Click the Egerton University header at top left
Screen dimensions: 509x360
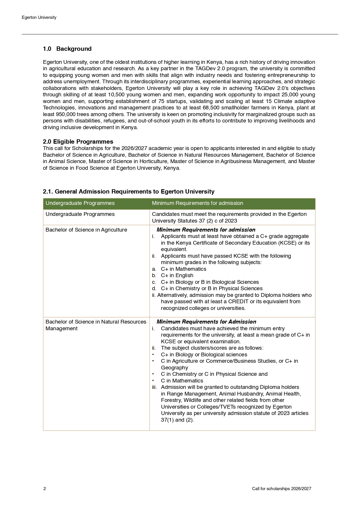(39, 17)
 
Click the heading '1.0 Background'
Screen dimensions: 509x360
(67, 49)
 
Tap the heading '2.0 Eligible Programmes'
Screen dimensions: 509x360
(78, 142)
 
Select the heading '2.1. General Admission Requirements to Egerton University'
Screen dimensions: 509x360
(129, 192)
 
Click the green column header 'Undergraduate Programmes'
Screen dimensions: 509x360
(80, 203)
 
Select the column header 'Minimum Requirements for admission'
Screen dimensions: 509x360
(197, 203)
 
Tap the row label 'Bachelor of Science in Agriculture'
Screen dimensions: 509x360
(86, 230)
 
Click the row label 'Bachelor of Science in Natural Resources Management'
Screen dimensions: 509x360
(96, 325)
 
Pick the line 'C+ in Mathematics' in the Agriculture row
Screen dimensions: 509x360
(183, 269)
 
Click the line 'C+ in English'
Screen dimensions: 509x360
(177, 275)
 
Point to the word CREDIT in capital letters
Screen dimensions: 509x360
(240, 302)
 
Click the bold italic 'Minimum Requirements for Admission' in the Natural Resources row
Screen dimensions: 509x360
(206, 322)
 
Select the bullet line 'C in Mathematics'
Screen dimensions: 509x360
(182, 381)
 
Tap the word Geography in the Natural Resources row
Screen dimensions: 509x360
(174, 368)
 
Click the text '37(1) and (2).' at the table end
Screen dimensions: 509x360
(177, 420)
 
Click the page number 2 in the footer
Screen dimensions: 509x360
(45, 489)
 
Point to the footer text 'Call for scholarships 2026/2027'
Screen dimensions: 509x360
(281, 489)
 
